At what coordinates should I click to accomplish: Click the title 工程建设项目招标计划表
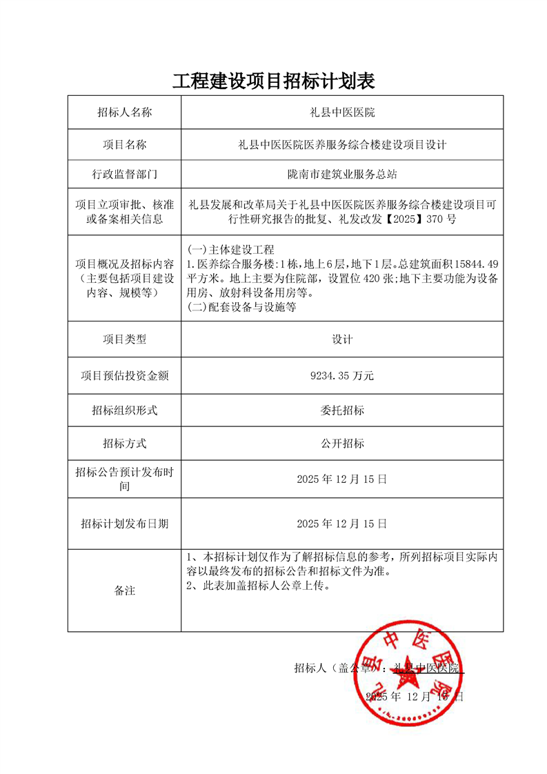pyautogui.click(x=273, y=81)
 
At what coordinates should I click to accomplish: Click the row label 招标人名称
pyautogui.click(x=124, y=112)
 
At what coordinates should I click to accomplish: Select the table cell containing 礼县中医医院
pyautogui.click(x=341, y=112)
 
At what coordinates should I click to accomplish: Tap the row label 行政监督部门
pyautogui.click(x=124, y=175)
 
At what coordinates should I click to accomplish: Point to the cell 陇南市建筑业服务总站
pyautogui.click(x=341, y=175)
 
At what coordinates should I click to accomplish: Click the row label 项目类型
pyautogui.click(x=124, y=339)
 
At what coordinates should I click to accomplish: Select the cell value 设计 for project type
pyautogui.click(x=342, y=339)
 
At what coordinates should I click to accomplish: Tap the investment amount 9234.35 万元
pyautogui.click(x=342, y=376)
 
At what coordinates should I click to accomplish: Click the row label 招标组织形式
pyautogui.click(x=124, y=410)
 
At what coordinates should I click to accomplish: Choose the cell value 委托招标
pyautogui.click(x=342, y=410)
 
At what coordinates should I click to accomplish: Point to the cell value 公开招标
pyautogui.click(x=342, y=444)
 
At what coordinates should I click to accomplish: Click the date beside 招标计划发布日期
pyautogui.click(x=341, y=524)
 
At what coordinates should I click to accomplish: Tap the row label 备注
pyautogui.click(x=124, y=591)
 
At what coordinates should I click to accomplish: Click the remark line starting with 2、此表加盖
pyautogui.click(x=260, y=586)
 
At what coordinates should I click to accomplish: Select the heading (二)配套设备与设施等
pyautogui.click(x=242, y=308)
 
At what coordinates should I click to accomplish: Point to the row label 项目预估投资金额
pyautogui.click(x=124, y=376)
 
